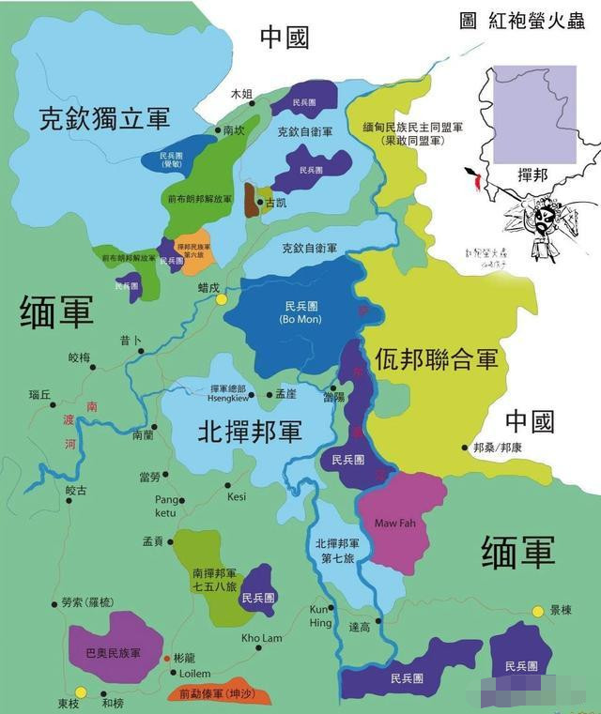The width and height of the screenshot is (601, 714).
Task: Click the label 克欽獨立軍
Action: pos(104,119)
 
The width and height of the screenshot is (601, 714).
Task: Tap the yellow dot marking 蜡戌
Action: pos(222,300)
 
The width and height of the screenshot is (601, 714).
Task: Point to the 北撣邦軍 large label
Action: pos(250,432)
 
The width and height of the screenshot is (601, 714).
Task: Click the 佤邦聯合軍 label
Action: pos(436,358)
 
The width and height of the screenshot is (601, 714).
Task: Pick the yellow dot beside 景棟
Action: pos(537,612)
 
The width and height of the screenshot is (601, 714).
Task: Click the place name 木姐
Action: pos(242,94)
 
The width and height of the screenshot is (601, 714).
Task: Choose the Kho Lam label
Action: pos(261,639)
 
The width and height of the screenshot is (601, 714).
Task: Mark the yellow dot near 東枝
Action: pos(81,692)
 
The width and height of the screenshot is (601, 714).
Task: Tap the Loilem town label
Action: pos(196,673)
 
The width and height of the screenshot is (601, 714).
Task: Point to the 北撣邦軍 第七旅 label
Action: pos(338,550)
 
